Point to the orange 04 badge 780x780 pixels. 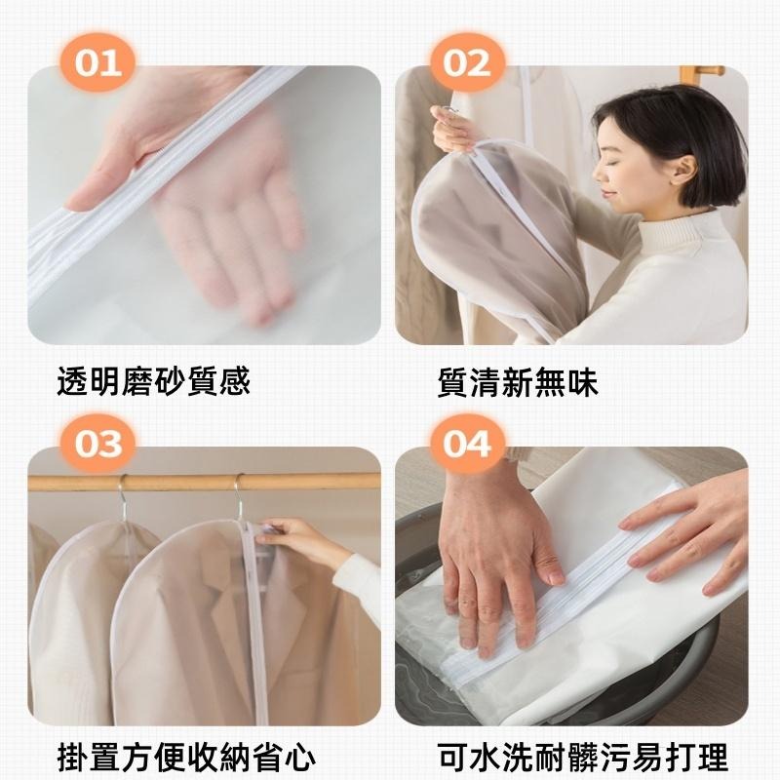pyautogui.click(x=466, y=444)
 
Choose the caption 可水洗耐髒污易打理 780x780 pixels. pyautogui.click(x=583, y=758)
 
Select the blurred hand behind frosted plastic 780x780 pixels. pyautogui.click(x=224, y=224)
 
